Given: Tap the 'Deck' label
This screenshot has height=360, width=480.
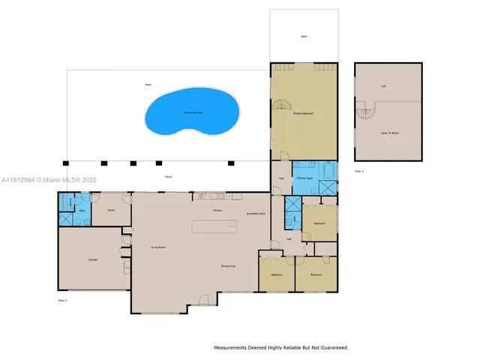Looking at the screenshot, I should coord(304,36).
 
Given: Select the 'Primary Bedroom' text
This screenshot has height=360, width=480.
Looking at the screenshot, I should coord(303,114).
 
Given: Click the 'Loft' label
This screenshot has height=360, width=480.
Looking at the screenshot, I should coord(382,85).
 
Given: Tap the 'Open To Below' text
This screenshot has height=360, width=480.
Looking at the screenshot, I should coord(388,132).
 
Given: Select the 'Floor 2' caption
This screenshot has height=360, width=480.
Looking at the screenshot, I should coord(358,171).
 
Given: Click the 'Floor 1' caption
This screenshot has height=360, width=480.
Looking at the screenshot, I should coord(63,300).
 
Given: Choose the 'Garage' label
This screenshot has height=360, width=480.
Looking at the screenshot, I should coord(93,259).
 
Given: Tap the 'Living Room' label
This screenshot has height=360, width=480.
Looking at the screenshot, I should coord(157,247).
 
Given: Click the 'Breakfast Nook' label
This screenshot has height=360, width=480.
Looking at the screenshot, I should coord(256,214).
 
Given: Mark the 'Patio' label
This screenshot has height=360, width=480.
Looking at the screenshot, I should coord(148,85).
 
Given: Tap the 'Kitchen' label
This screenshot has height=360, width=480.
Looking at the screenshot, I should coord(217,211).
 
